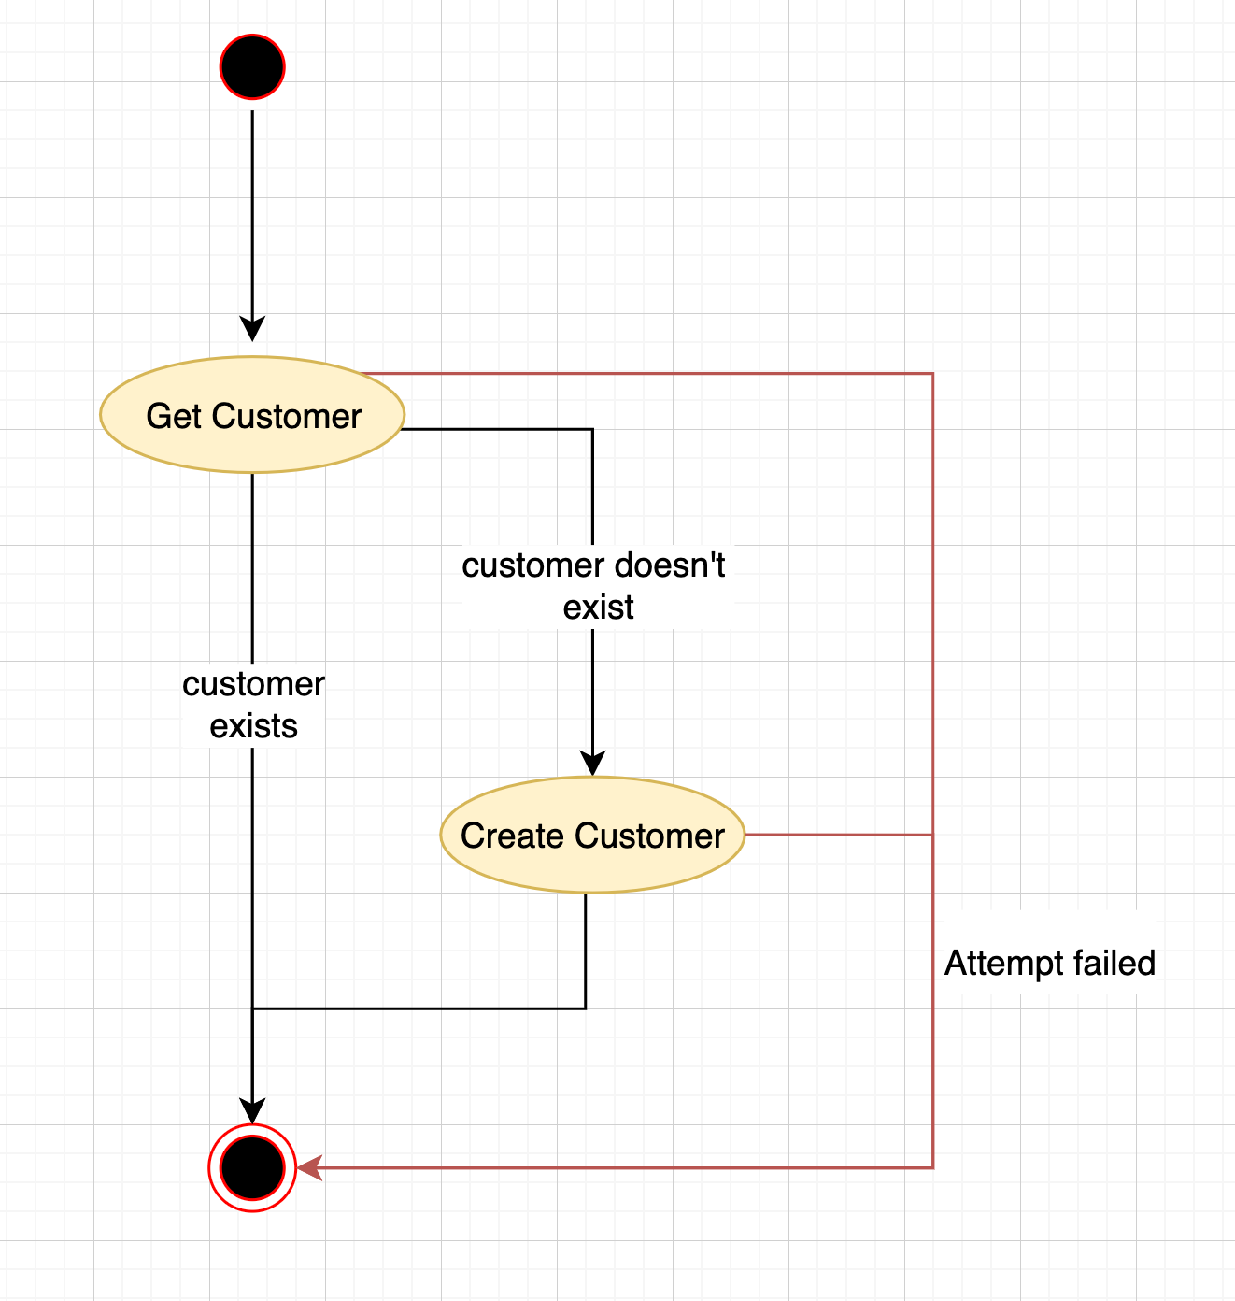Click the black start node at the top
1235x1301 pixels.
point(252,67)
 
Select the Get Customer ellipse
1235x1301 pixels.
point(252,415)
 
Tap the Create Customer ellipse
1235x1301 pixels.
point(592,835)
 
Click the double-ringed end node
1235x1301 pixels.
point(252,1167)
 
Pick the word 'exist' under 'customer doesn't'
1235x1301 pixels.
point(598,608)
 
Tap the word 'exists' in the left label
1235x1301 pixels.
point(253,726)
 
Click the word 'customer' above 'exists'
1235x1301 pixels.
point(253,684)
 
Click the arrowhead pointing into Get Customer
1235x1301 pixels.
point(252,329)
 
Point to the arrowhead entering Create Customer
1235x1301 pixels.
point(592,763)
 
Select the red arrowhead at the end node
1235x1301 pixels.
point(310,1167)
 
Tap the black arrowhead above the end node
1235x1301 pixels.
point(252,1110)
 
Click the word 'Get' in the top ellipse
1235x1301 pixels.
point(173,416)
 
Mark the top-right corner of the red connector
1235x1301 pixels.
point(932,374)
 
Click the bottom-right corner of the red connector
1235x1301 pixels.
point(932,1167)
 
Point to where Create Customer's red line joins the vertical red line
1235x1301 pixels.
point(932,835)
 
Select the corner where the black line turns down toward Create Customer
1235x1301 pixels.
point(592,429)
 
